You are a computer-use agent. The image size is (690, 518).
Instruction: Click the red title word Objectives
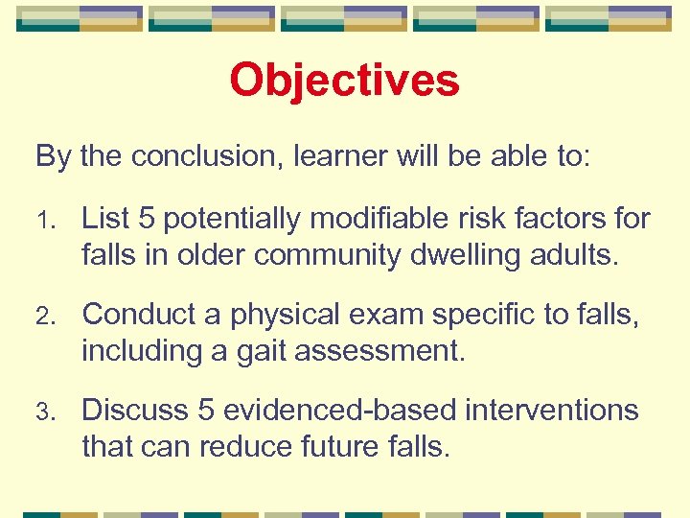coord(344,81)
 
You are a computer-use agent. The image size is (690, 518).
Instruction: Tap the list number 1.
coord(42,220)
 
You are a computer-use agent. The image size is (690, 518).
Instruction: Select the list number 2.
coord(43,315)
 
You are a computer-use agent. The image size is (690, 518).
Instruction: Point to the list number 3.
coord(43,411)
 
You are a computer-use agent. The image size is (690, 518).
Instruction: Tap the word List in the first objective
coord(106,219)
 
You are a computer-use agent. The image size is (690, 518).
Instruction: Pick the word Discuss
coord(134,410)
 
